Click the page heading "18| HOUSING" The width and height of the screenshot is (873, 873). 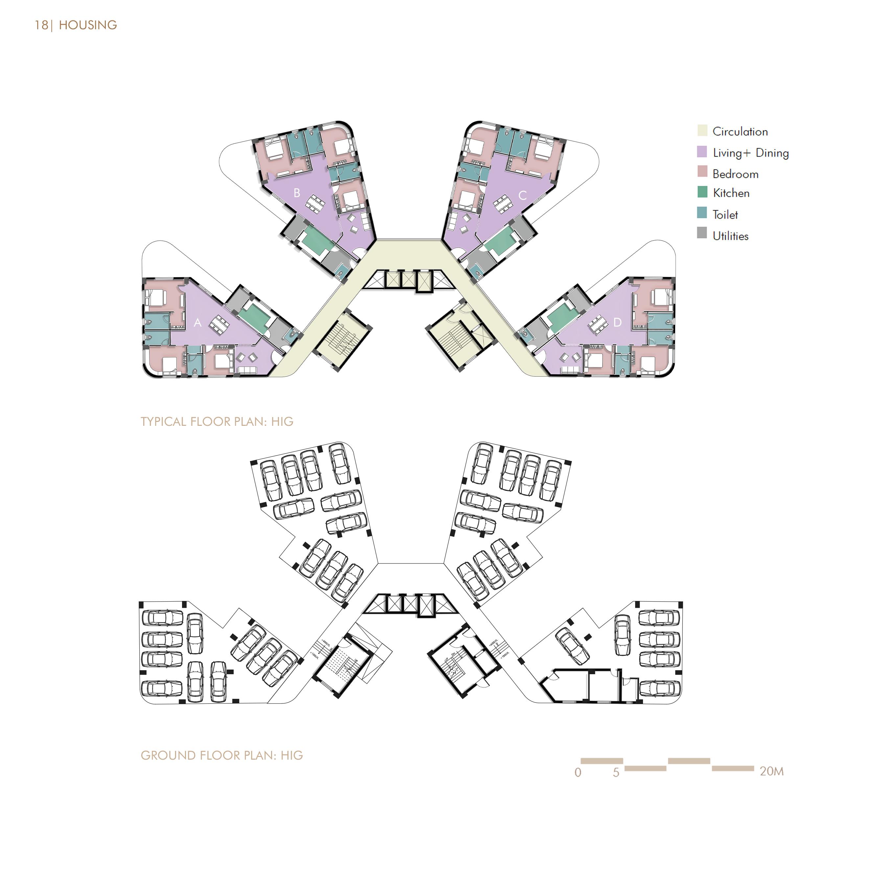pyautogui.click(x=76, y=25)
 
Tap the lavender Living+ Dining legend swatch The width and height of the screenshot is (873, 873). pyautogui.click(x=702, y=152)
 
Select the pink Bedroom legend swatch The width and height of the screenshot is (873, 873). pyautogui.click(x=702, y=172)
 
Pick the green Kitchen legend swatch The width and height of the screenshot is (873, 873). pyautogui.click(x=702, y=192)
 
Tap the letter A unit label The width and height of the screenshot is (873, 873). pyautogui.click(x=197, y=323)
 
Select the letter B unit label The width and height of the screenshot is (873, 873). pyautogui.click(x=297, y=193)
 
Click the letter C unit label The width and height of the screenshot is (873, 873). pyautogui.click(x=522, y=195)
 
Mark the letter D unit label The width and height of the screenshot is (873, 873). pyautogui.click(x=617, y=322)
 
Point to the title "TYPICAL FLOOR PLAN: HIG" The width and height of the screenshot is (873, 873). pyautogui.click(x=217, y=422)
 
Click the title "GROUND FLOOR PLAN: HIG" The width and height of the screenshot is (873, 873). pyautogui.click(x=221, y=755)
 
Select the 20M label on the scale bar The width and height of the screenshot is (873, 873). pyautogui.click(x=771, y=771)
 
